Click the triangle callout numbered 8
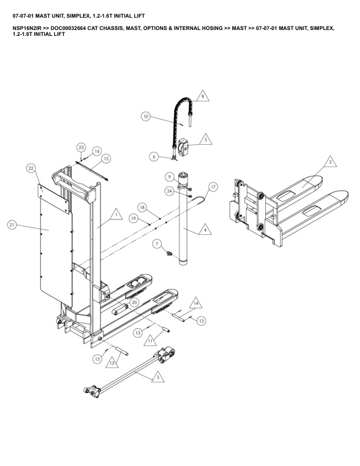(x=203, y=96)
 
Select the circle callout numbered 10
(x=145, y=116)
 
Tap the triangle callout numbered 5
(x=205, y=139)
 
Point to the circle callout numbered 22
(x=31, y=168)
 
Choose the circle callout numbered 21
(x=12, y=225)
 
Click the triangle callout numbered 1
(x=116, y=215)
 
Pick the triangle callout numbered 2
(x=330, y=162)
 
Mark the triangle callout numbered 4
(x=205, y=230)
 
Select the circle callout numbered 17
(x=213, y=187)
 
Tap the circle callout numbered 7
(x=157, y=244)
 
